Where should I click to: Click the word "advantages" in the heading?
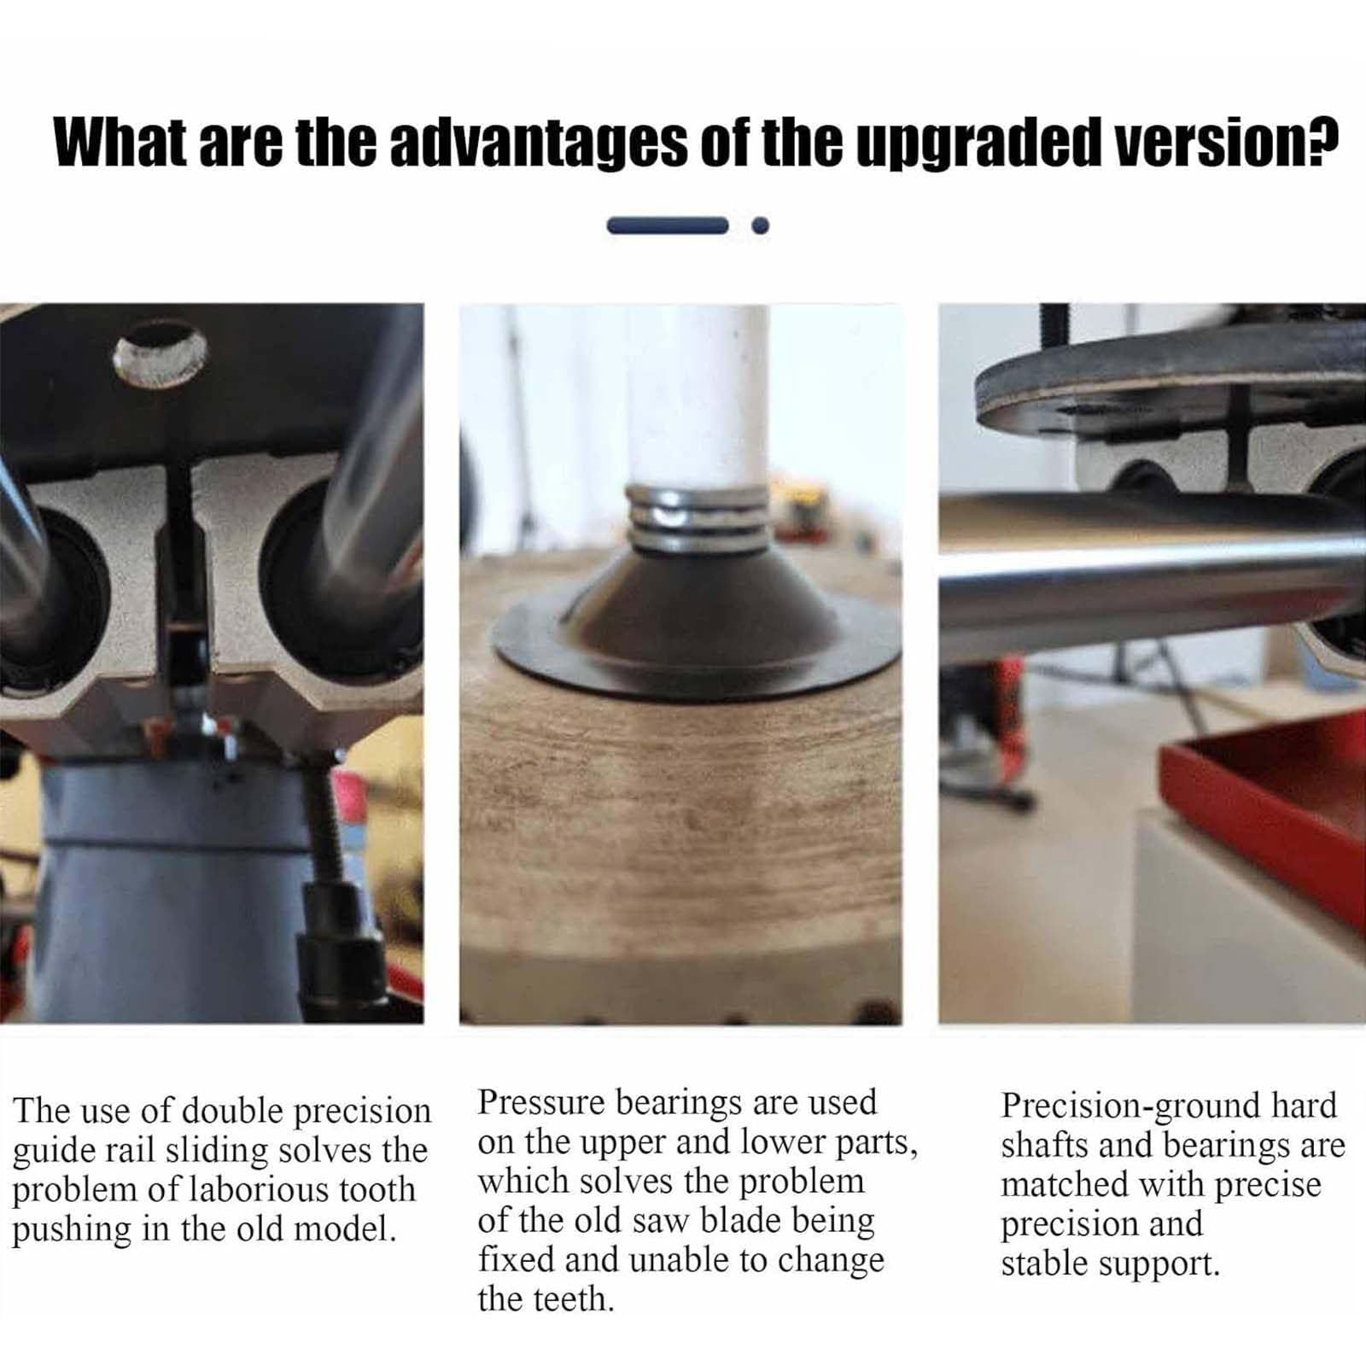click(x=538, y=143)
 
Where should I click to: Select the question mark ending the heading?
click(x=1323, y=141)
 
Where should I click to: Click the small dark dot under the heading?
click(x=760, y=225)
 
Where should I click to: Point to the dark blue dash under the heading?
click(x=668, y=225)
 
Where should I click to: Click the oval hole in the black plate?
click(x=160, y=353)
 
